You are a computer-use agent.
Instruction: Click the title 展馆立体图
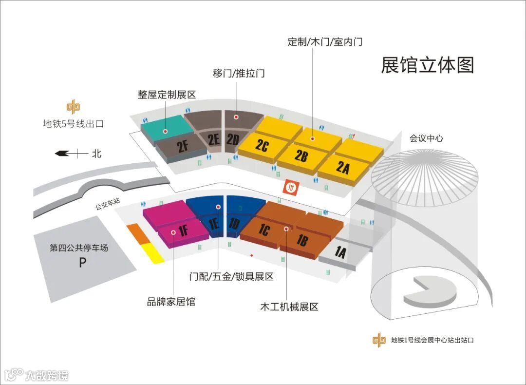427,65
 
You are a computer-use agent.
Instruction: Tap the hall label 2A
343,168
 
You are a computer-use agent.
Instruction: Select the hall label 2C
262,146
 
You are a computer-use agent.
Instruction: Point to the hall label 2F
183,146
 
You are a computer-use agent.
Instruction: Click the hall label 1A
340,252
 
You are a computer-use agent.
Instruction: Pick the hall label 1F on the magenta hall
184,231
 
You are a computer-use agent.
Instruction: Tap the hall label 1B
302,240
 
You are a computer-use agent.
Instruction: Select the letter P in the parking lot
83,263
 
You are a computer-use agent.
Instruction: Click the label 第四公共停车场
79,248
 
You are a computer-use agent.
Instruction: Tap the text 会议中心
426,138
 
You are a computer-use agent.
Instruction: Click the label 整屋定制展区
167,95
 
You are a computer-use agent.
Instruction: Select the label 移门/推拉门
239,74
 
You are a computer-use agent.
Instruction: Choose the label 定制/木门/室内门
325,41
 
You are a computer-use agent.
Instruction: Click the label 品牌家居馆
171,302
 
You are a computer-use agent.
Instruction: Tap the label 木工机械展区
289,307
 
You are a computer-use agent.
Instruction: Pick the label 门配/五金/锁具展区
231,277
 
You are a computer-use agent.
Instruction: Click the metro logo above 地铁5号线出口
74,107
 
